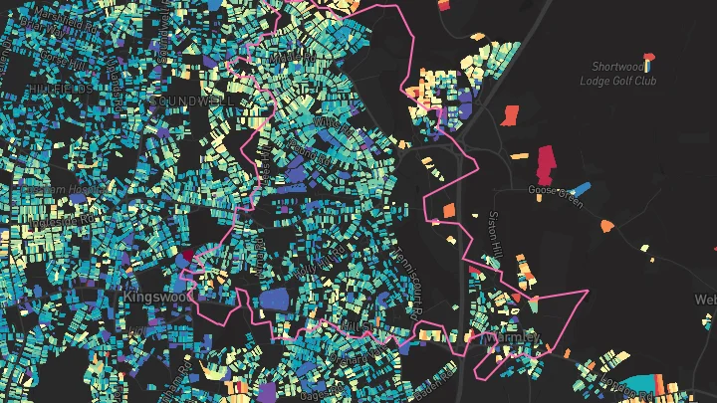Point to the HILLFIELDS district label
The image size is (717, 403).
click(61, 89)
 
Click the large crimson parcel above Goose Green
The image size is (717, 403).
click(546, 159)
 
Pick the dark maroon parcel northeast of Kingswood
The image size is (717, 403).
click(184, 255)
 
